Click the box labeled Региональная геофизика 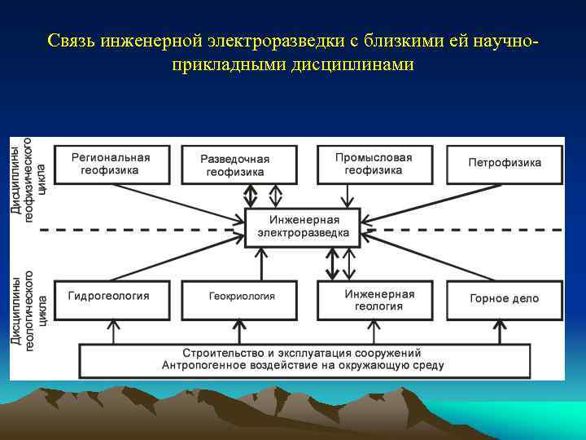(111, 164)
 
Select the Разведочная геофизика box (235, 165)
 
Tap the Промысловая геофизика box (374, 164)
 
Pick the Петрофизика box (505, 164)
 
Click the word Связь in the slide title (71, 41)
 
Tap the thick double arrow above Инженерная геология (331, 264)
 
